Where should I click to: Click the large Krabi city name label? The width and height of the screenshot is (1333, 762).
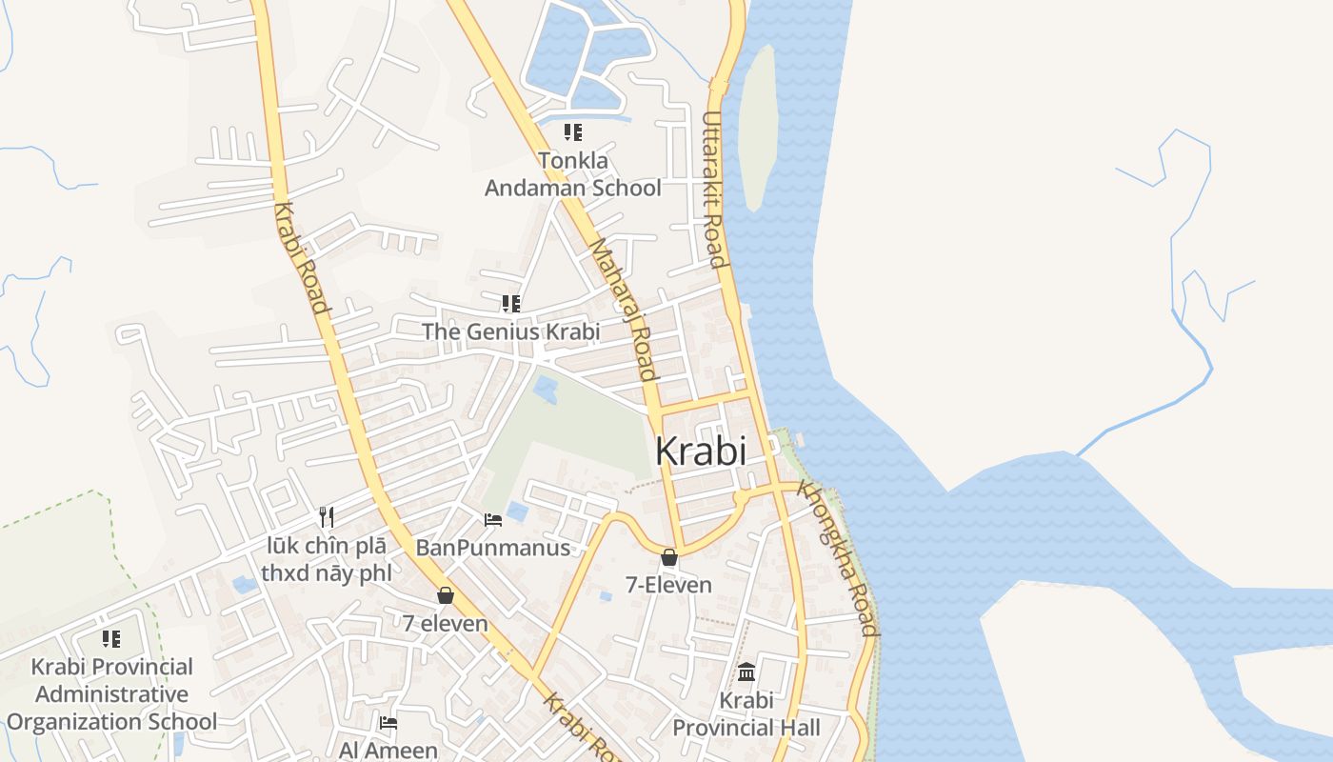[x=701, y=451]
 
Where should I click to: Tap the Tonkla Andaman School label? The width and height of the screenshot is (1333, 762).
[x=572, y=174]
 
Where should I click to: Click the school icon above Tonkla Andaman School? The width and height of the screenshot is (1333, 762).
[x=572, y=132]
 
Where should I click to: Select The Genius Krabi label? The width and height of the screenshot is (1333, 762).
[x=510, y=331]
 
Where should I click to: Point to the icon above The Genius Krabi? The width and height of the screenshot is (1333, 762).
[x=511, y=304]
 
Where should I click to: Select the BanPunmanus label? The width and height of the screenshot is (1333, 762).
[x=492, y=548]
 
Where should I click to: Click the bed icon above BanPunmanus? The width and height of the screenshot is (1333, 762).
[x=493, y=519]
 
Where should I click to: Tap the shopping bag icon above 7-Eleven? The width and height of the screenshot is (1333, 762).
[x=669, y=557]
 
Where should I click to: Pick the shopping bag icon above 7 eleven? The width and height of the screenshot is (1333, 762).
[x=445, y=596]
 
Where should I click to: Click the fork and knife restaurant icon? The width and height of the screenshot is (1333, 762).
[x=326, y=517]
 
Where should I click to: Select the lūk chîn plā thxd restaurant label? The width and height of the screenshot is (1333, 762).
[x=326, y=560]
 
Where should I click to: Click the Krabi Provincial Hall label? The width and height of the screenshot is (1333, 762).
[x=746, y=714]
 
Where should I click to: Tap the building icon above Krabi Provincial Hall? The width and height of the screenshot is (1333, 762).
[x=746, y=672]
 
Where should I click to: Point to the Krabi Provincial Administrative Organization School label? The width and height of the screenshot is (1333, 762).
[x=111, y=694]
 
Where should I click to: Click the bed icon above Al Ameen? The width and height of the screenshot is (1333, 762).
[x=388, y=723]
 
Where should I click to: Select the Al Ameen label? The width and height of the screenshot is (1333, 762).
[x=388, y=751]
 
